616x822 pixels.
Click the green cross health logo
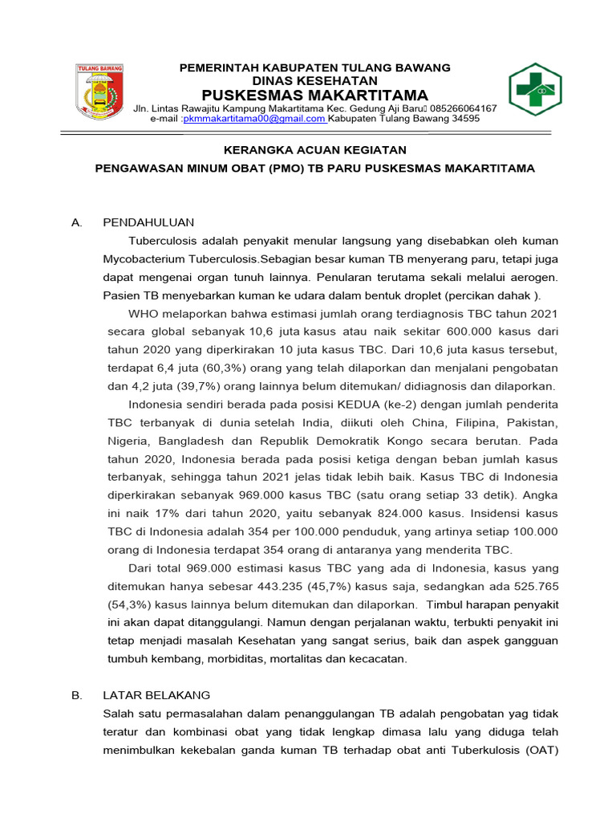[535, 90]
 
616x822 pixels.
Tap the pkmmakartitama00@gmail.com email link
[254, 119]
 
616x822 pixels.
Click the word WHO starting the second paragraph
[144, 313]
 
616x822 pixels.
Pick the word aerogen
[530, 277]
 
